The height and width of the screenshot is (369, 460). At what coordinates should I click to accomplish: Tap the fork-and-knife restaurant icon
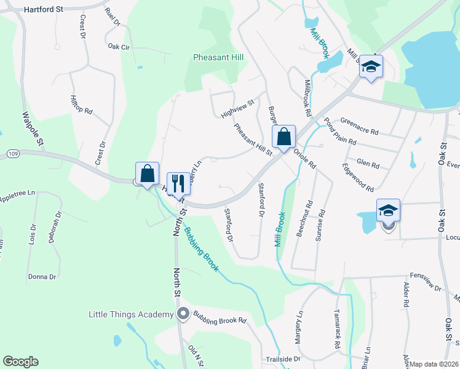pos(178,184)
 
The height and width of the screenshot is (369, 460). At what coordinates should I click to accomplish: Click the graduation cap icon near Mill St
pos(371,66)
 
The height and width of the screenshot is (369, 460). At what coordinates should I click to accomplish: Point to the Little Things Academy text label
pos(131,315)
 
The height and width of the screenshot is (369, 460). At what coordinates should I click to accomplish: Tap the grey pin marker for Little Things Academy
pos(183,315)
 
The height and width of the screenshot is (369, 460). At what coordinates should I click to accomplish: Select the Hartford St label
pos(44,10)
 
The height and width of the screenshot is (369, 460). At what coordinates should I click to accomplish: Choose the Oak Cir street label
pos(120,46)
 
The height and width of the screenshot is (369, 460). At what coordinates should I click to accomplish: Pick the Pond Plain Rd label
pos(340,131)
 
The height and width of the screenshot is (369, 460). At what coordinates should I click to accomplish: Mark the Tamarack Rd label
pos(337,330)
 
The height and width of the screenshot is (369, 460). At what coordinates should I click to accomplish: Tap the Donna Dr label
pos(42,277)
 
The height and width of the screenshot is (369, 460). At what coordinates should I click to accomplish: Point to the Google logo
pos(20,362)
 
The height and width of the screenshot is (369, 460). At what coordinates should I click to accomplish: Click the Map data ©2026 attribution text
pos(434,364)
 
